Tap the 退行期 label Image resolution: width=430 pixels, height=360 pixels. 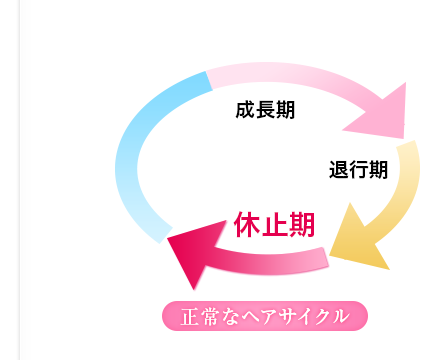[358, 170]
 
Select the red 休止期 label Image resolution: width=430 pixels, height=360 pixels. [275, 224]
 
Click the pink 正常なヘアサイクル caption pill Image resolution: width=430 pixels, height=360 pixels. [265, 316]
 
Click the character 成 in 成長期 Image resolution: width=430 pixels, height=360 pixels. [245, 108]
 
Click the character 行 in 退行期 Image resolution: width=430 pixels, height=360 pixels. [358, 170]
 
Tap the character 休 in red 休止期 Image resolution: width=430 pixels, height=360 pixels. [247, 224]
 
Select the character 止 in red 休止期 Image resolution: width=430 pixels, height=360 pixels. [275, 224]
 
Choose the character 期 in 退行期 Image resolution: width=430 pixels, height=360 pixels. [378, 170]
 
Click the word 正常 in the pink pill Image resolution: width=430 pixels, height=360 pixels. [197, 316]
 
